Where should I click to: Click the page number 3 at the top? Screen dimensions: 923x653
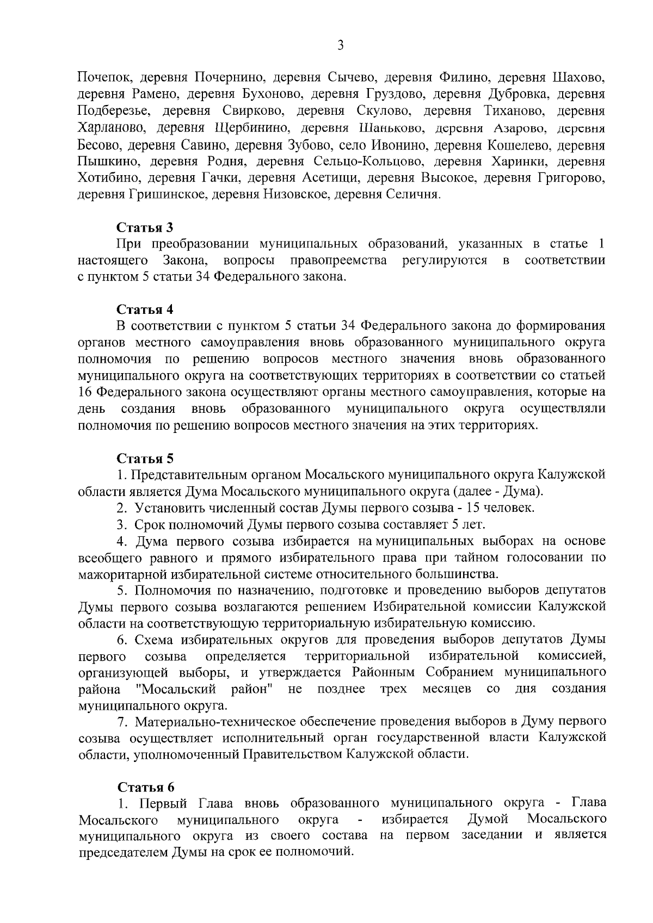click(340, 46)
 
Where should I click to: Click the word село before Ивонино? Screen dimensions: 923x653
click(353, 145)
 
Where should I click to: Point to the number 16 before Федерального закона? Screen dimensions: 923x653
click(85, 392)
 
